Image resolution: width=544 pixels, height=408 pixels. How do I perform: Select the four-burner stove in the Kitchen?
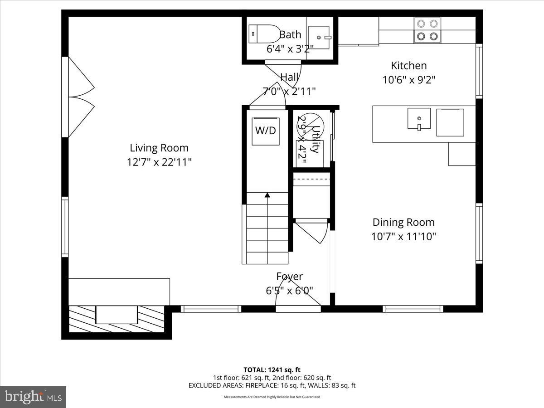(x=427, y=30)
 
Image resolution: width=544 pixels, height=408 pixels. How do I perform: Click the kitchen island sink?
(x=419, y=119)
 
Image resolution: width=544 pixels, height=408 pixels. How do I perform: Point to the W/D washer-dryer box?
(x=266, y=131)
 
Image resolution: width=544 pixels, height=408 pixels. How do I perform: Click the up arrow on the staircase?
(x=267, y=195)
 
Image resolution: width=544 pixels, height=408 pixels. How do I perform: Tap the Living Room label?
(x=159, y=148)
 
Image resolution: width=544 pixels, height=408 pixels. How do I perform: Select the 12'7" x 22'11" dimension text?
(x=159, y=162)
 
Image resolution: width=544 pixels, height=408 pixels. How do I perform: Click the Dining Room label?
(x=403, y=222)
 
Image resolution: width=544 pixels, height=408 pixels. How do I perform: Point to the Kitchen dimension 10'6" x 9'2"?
(x=409, y=80)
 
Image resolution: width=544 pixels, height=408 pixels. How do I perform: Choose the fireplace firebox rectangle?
(x=117, y=315)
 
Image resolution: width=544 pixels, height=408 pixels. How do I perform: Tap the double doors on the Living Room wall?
(x=80, y=97)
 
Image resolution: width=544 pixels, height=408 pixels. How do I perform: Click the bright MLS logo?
(x=33, y=397)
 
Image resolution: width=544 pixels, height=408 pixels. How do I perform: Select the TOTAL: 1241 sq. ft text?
(x=272, y=369)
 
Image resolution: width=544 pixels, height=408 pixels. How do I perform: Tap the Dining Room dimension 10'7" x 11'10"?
(x=403, y=236)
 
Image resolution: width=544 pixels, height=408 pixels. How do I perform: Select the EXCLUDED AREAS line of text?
(x=272, y=385)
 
